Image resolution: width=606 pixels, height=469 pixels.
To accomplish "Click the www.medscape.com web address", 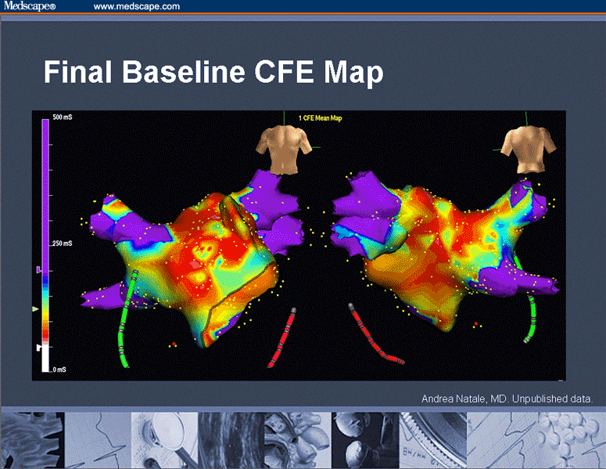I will [137, 6].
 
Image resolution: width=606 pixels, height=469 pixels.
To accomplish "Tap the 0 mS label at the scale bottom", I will [59, 369].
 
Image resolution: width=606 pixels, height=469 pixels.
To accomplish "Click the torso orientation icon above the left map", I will [286, 149].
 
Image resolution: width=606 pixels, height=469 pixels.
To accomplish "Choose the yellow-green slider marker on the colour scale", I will [35, 311].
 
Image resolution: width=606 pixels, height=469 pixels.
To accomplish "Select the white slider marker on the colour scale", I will [38, 346].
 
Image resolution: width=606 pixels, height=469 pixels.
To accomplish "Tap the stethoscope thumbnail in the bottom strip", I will [163, 440].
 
